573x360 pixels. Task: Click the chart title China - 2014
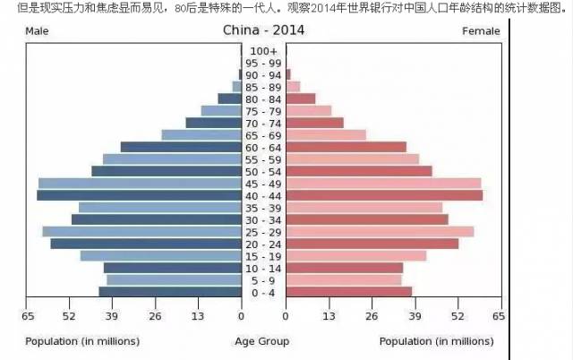262,30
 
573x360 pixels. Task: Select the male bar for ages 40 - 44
139,195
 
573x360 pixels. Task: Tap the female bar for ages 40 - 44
384,195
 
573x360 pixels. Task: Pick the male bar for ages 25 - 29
141,232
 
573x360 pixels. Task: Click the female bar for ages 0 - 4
349,292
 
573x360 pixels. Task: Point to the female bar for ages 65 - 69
326,135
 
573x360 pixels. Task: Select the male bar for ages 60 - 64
181,147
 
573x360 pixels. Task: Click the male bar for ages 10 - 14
173,268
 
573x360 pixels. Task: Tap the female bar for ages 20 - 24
372,244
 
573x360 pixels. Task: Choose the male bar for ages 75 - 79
221,111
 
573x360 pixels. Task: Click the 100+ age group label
264,51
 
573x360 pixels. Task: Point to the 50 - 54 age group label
264,172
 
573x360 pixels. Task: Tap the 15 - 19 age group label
264,256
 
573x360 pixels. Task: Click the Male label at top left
37,31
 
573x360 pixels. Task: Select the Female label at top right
481,31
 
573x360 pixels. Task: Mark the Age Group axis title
261,341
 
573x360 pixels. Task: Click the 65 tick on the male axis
29,316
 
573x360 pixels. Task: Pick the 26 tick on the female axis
372,316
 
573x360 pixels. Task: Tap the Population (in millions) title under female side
436,341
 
